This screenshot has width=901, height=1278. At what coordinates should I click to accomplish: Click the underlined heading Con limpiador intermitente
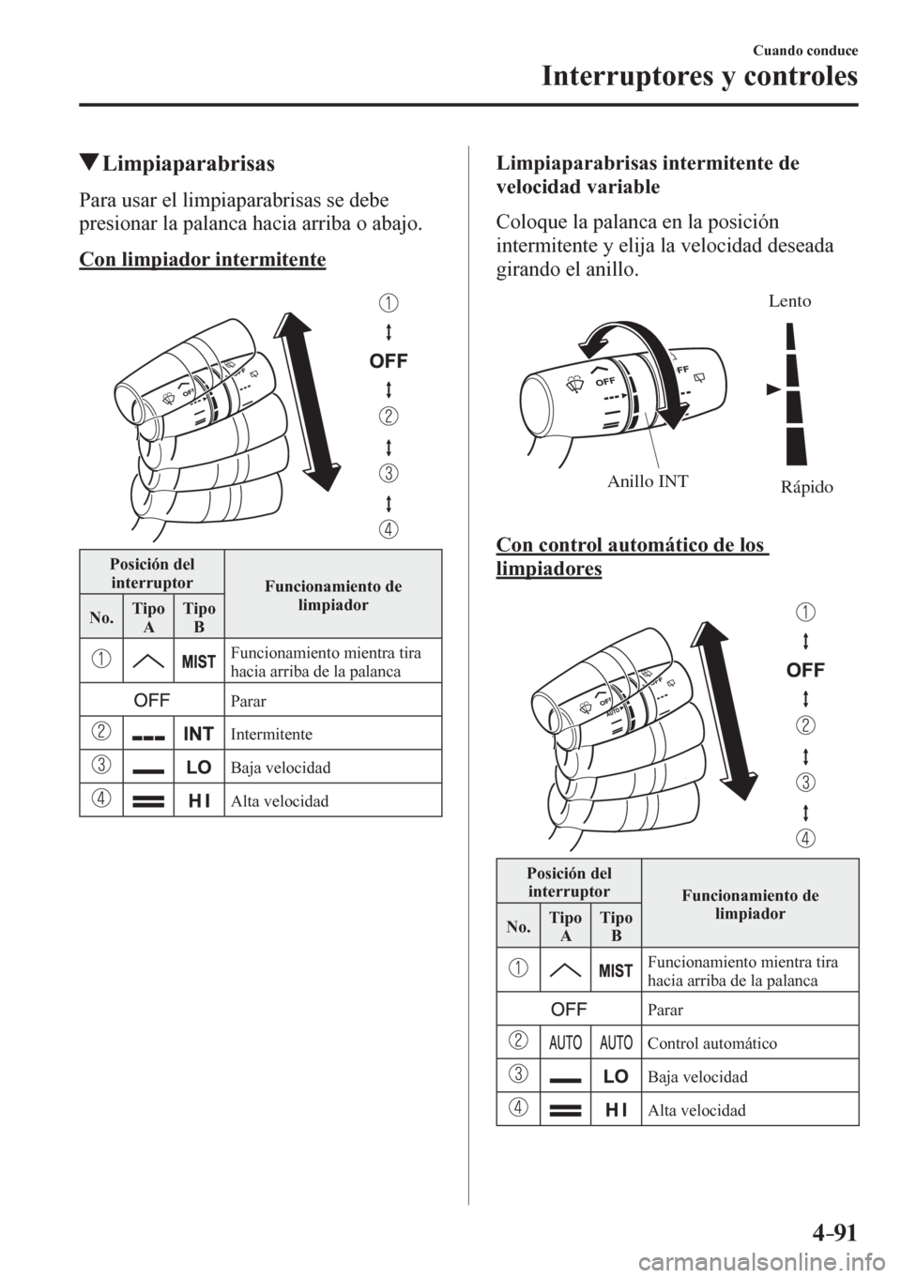click(202, 257)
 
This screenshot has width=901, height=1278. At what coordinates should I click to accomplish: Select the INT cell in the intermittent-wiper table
click(199, 733)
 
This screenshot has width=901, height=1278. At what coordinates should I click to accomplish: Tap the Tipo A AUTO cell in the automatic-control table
click(566, 1042)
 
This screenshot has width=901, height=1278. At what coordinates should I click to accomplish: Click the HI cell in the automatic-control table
click(617, 1110)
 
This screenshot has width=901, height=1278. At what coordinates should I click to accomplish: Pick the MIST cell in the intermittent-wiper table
click(199, 662)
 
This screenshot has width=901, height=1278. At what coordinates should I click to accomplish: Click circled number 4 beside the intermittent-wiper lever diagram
click(388, 527)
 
